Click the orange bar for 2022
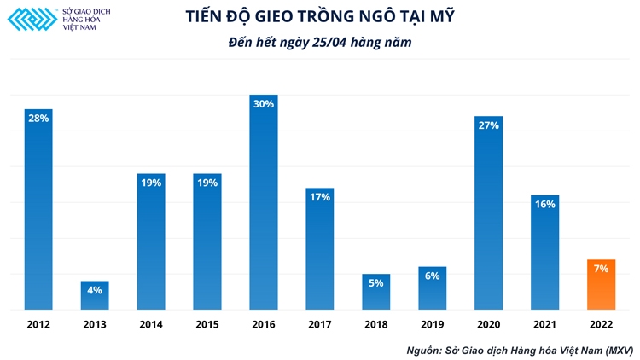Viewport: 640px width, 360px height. point(601,285)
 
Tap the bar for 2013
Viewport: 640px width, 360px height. point(95,295)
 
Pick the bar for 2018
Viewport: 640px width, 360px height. point(375,292)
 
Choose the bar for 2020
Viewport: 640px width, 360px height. point(488,213)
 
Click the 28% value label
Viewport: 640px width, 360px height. point(38,119)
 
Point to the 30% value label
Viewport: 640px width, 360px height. point(263,104)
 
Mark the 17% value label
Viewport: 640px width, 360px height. point(319,197)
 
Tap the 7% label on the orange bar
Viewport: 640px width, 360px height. point(601,269)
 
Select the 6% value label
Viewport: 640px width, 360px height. point(432,276)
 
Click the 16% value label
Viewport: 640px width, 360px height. point(544,204)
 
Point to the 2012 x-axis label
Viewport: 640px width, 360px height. point(38,324)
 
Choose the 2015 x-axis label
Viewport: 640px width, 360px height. point(207,324)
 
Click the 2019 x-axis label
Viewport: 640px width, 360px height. point(432,324)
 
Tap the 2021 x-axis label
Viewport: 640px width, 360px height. point(544,324)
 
